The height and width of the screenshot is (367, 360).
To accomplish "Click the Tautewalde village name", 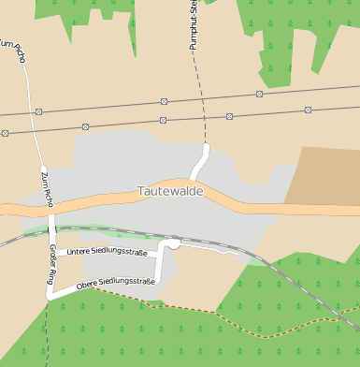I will [170, 191].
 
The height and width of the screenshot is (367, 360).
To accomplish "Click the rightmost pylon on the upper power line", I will [259, 94].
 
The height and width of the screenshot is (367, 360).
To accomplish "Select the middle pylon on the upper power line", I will [165, 100].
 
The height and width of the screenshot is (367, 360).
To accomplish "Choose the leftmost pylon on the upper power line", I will [38, 111].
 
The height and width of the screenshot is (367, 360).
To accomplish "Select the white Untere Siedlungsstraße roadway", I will [112, 259].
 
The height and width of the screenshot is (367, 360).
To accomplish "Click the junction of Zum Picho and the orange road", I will [50, 207].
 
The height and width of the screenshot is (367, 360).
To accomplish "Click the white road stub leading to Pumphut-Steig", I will [200, 161].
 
